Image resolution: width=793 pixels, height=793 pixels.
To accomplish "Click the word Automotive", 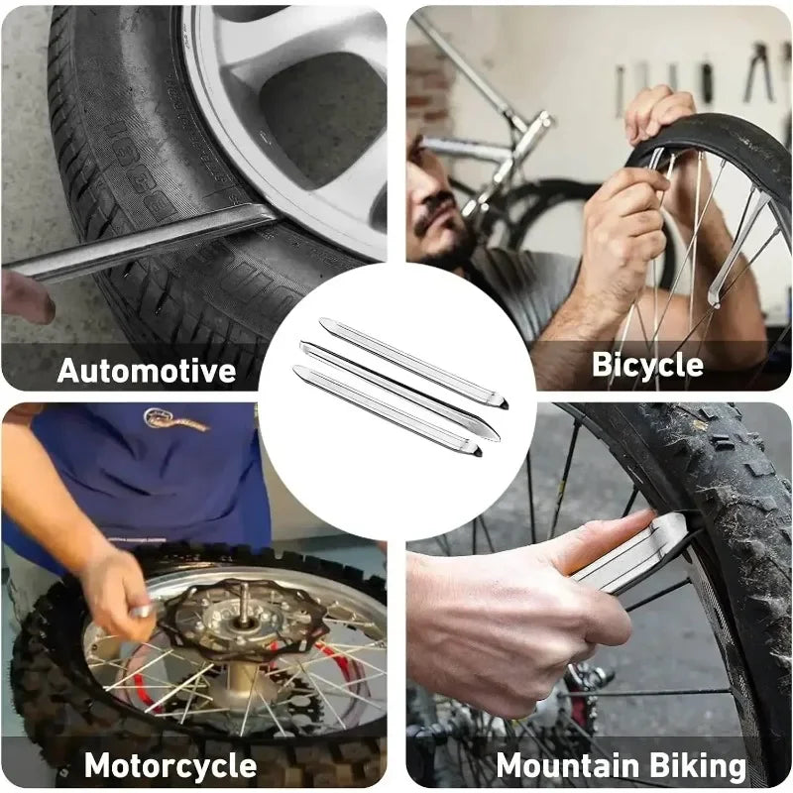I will pyautogui.click(x=147, y=371).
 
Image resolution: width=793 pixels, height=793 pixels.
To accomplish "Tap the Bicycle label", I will pyautogui.click(x=647, y=365).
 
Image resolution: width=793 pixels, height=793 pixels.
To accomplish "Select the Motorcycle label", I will pyautogui.click(x=170, y=765).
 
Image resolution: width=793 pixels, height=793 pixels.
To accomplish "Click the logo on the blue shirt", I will pyautogui.click(x=175, y=420).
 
